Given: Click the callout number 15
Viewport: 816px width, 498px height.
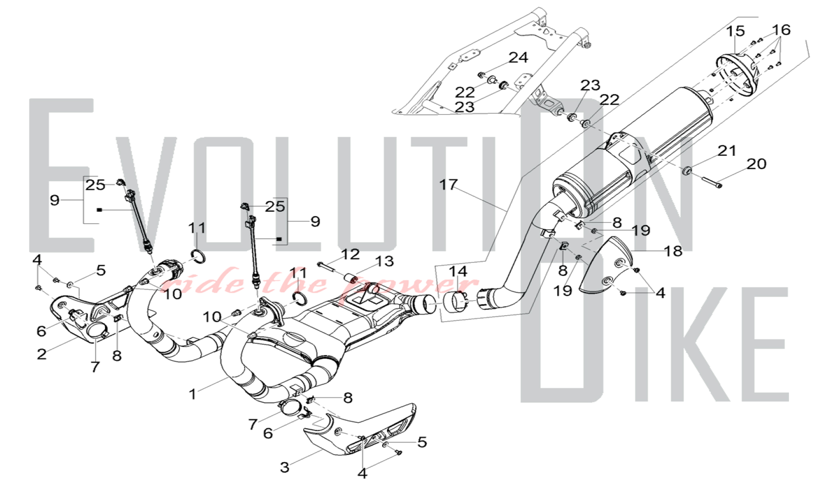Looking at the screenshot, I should tap(735, 31).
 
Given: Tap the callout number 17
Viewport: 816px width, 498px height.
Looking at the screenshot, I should tap(448, 185).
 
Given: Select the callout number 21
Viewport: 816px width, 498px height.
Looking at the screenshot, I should tap(727, 151).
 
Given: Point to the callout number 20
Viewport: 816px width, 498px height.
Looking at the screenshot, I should tap(756, 164).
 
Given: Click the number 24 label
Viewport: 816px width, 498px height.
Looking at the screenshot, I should tap(518, 58).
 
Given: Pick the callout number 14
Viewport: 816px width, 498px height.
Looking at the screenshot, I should tap(458, 271).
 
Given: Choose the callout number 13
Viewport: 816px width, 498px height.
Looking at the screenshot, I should tap(384, 261).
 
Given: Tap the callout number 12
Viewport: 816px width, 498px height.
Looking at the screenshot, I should tap(350, 254).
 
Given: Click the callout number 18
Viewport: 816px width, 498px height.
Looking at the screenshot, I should tap(673, 251).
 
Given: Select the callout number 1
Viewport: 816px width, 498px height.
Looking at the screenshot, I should tap(193, 394).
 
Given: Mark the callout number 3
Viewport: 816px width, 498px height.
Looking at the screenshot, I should tap(284, 467).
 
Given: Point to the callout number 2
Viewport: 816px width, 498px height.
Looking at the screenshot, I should tap(41, 354).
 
